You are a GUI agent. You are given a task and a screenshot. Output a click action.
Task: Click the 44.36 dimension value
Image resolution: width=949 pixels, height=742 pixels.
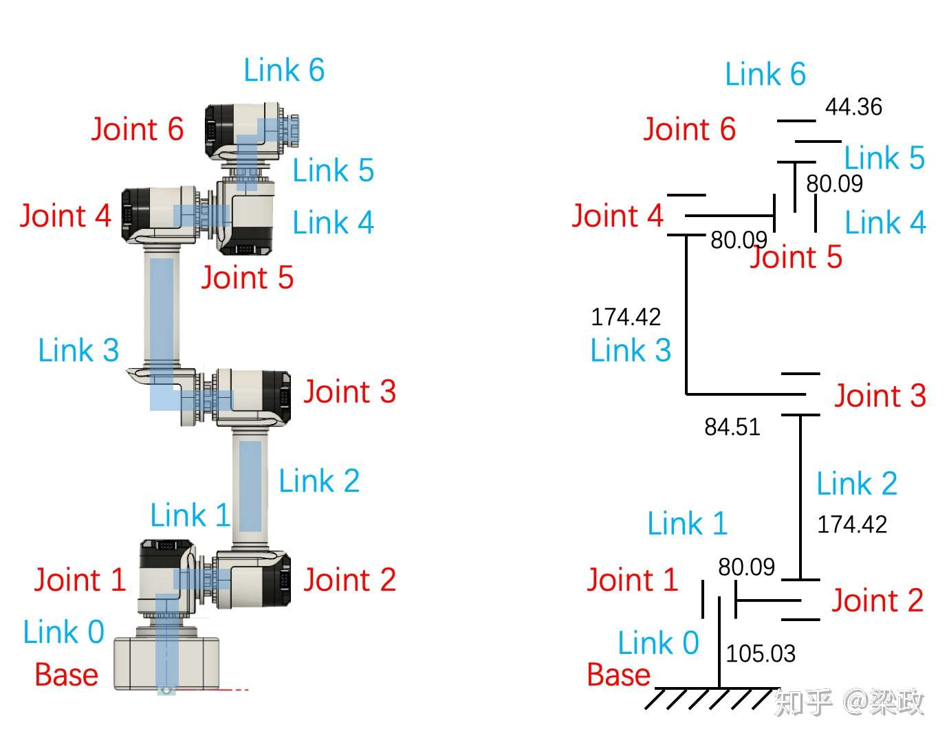tap(853, 107)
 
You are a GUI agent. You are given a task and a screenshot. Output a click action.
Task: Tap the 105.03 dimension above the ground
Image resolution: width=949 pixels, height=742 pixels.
tap(761, 653)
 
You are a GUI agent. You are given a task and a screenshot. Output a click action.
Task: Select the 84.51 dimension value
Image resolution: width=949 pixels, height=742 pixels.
tap(732, 427)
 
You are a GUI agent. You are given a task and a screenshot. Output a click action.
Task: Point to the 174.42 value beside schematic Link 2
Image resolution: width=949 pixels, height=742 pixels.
tap(852, 525)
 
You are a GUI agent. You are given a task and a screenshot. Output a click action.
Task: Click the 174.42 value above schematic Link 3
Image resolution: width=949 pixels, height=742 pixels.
tap(626, 317)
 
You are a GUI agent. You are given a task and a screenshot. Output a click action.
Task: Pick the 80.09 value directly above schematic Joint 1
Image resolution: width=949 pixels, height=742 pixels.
tap(746, 567)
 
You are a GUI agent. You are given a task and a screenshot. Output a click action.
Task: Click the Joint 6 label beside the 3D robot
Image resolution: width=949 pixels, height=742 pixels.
tap(138, 129)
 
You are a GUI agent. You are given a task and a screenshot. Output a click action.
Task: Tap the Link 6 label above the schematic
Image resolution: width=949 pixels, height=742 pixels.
tap(765, 74)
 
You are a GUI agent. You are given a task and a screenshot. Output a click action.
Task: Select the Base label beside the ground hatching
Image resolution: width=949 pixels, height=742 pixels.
tap(618, 675)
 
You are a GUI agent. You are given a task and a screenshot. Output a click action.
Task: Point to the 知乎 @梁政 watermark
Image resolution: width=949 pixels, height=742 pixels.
tap(849, 702)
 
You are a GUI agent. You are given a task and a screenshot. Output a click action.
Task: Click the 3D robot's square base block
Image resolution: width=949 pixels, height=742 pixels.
tap(166, 662)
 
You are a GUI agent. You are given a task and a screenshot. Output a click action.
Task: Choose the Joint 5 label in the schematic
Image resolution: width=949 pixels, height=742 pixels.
tap(796, 258)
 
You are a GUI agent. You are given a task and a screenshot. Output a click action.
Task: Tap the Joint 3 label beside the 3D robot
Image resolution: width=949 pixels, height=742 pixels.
tap(349, 392)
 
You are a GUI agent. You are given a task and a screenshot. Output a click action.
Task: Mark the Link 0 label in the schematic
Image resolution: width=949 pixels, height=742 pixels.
tap(658, 643)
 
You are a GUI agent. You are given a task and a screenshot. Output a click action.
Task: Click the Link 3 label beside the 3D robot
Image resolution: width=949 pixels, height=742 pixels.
tap(78, 350)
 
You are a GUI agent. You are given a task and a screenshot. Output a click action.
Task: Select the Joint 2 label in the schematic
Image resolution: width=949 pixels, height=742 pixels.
tap(877, 601)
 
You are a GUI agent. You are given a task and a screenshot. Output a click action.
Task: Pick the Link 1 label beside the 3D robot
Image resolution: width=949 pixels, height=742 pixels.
tap(190, 515)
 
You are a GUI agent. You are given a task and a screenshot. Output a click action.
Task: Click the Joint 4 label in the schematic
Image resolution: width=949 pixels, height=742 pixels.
tap(618, 216)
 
